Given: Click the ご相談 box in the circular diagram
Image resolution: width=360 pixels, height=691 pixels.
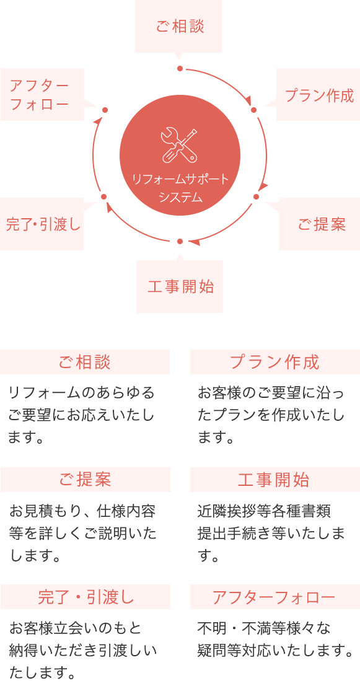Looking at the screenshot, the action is pyautogui.click(x=178, y=27).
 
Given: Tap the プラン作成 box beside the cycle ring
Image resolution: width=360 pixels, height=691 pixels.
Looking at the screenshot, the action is pyautogui.click(x=318, y=94).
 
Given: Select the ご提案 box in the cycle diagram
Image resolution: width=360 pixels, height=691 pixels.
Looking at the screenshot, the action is pyautogui.click(x=320, y=224).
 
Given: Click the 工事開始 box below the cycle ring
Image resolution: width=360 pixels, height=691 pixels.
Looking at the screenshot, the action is pyautogui.click(x=179, y=286).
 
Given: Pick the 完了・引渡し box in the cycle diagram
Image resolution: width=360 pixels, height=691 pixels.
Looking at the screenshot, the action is pyautogui.click(x=42, y=224).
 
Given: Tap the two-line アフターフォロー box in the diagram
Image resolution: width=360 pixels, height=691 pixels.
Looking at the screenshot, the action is pyautogui.click(x=42, y=94).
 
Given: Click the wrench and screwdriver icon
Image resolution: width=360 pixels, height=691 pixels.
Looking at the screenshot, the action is pyautogui.click(x=179, y=144).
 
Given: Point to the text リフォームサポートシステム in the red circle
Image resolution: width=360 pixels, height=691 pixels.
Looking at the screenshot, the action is pyautogui.click(x=180, y=188).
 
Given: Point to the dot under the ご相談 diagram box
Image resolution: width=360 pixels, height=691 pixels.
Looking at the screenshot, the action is pyautogui.click(x=180, y=68).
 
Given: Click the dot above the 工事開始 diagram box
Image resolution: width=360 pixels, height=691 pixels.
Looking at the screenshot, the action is pyautogui.click(x=180, y=241).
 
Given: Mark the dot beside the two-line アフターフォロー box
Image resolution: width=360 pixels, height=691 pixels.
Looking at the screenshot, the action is pyautogui.click(x=105, y=110).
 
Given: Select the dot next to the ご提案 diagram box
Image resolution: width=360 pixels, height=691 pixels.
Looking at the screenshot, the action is pyautogui.click(x=256, y=196).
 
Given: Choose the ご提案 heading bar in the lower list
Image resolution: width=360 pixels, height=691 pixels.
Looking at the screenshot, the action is pyautogui.click(x=85, y=480).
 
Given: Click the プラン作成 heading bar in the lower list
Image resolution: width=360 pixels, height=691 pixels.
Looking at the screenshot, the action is pyautogui.click(x=275, y=362).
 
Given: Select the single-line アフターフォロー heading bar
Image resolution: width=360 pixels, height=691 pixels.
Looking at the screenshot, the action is pyautogui.click(x=275, y=597).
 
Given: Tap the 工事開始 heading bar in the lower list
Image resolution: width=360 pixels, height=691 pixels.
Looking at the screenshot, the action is pyautogui.click(x=275, y=480).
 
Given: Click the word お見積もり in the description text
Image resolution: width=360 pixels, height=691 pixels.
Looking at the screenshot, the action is pyautogui.click(x=39, y=512).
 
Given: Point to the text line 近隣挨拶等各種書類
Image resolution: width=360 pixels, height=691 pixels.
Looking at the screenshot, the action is pyautogui.click(x=263, y=512).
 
